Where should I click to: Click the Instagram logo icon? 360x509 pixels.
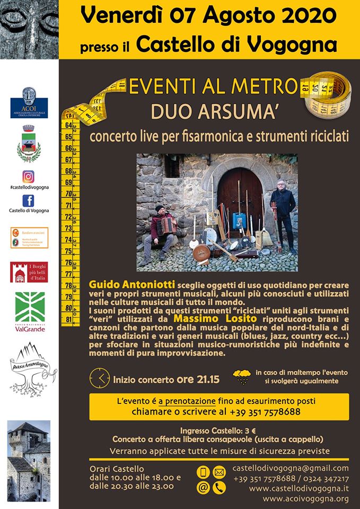point(29,177)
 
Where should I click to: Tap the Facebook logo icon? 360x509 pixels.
point(29,201)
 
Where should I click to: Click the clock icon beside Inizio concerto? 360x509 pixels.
point(100,379)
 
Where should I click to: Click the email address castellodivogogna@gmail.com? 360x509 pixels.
point(291,468)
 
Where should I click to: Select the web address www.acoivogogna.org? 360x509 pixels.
point(305,498)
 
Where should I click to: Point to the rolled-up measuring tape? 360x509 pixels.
point(326,92)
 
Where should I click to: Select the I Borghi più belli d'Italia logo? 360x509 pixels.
point(29,272)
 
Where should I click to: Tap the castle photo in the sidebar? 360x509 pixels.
point(29,461)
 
